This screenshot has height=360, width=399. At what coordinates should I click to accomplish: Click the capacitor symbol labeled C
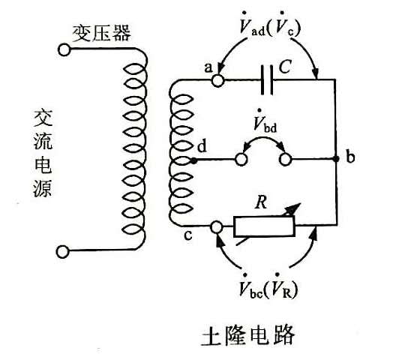click(x=267, y=80)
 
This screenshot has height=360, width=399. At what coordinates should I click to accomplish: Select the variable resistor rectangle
click(x=264, y=226)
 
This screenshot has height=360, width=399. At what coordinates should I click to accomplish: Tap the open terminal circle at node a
click(x=217, y=81)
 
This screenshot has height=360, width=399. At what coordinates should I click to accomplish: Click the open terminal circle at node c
click(x=217, y=227)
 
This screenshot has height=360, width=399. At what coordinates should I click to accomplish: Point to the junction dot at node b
click(x=337, y=159)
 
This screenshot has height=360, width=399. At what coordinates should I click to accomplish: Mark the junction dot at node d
click(x=194, y=160)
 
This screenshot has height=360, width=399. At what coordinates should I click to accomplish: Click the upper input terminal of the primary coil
click(x=64, y=49)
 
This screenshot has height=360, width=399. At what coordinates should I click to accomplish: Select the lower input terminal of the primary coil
click(x=62, y=252)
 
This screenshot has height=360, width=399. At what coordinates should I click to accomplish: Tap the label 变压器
click(x=102, y=33)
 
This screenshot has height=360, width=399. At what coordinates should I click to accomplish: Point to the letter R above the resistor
click(x=261, y=202)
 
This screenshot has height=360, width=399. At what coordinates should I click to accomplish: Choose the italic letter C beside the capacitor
click(x=285, y=67)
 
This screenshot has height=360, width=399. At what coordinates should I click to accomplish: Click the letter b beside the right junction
click(x=350, y=157)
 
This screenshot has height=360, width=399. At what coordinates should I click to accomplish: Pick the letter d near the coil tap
click(x=202, y=146)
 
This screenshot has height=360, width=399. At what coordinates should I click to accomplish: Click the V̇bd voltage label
click(x=265, y=121)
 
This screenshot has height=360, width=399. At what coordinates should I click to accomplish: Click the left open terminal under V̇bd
click(x=241, y=160)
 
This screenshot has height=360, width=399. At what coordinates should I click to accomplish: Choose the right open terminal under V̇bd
click(x=285, y=160)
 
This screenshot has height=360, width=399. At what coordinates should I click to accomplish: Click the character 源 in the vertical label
click(x=43, y=188)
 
